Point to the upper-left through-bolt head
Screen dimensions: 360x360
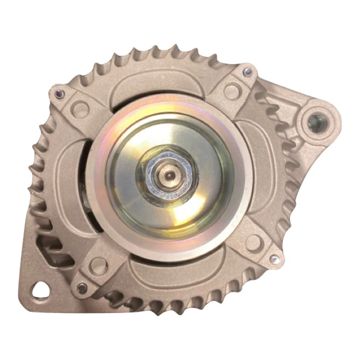pos(59,94)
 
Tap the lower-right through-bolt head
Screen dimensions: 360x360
pos(273,258)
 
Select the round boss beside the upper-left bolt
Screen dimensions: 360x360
pos(79,109)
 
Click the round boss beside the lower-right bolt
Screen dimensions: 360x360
pos(253,242)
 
